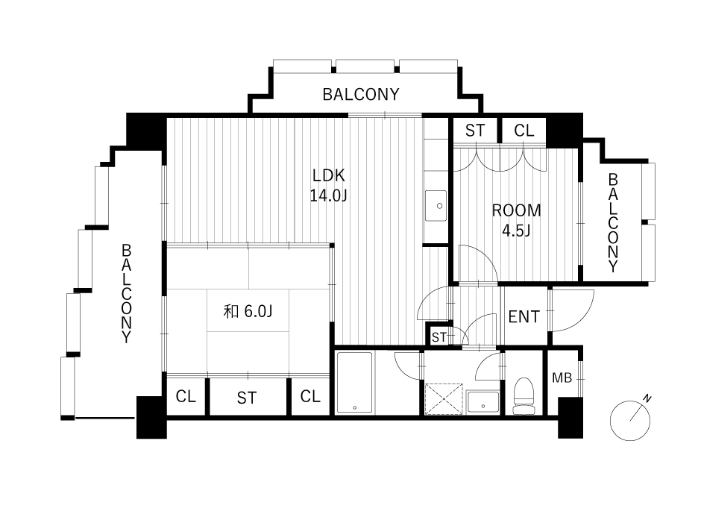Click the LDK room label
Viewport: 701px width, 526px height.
[329, 176]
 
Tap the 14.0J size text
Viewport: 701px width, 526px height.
[329, 195]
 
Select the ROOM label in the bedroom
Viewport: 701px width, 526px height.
[516, 210]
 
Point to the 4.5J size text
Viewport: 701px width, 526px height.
[516, 231]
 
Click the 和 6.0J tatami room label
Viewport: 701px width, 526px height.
[248, 311]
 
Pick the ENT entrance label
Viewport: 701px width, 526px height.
[524, 317]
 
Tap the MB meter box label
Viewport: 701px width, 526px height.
[562, 378]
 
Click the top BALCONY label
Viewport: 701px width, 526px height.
[361, 94]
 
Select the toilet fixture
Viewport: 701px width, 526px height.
[524, 396]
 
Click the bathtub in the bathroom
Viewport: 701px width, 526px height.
[354, 383]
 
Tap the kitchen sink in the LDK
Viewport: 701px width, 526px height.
[436, 206]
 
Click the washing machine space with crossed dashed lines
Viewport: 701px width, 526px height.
[444, 399]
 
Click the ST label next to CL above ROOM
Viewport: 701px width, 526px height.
[475, 131]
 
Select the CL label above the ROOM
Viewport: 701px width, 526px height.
[524, 131]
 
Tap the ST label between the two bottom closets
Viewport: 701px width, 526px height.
[247, 398]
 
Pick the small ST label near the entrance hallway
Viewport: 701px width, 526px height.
[439, 337]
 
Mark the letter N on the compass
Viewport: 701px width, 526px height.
[647, 398]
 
